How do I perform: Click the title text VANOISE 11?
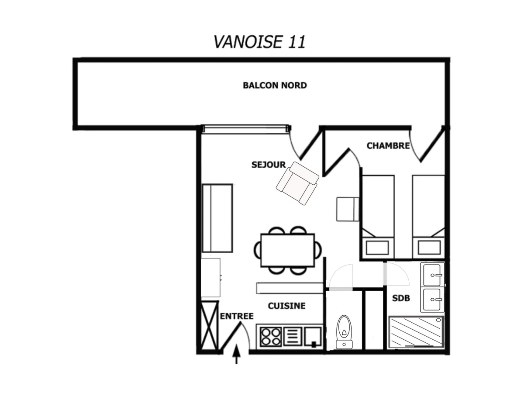259,42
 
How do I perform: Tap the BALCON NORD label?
275,85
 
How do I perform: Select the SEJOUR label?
268,165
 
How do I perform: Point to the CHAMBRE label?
388,145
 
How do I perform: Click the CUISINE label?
286,306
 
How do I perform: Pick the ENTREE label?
237,316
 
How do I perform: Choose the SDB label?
401,298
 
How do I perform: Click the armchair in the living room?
297,183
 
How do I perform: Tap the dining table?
287,250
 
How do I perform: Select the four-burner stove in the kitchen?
271,337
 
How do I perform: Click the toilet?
344,332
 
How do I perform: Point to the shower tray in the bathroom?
416,331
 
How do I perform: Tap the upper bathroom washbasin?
432,274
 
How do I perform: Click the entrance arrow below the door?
236,354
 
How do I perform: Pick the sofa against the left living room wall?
217,218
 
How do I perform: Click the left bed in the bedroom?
378,217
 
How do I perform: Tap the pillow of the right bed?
429,248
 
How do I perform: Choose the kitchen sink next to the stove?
313,337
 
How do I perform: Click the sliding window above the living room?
246,129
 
